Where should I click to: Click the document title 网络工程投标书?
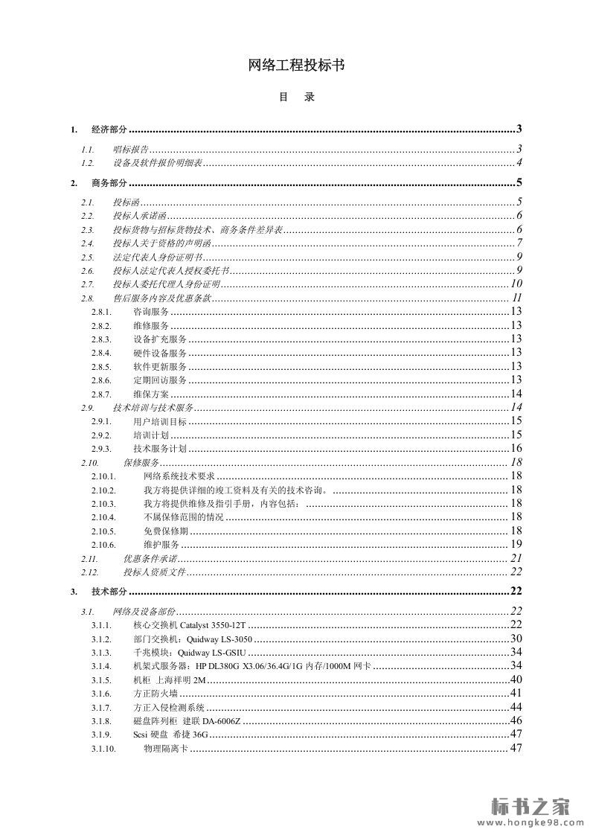pos(295,65)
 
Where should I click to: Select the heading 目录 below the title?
pos(296,97)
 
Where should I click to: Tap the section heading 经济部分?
pos(109,129)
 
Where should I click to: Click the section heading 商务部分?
pos(109,183)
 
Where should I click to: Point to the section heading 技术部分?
pos(109,592)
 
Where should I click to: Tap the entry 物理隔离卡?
pos(166,749)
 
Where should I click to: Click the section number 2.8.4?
pos(101,353)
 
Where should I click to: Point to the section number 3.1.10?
pos(103,749)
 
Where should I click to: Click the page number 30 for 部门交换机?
pos(516,639)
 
